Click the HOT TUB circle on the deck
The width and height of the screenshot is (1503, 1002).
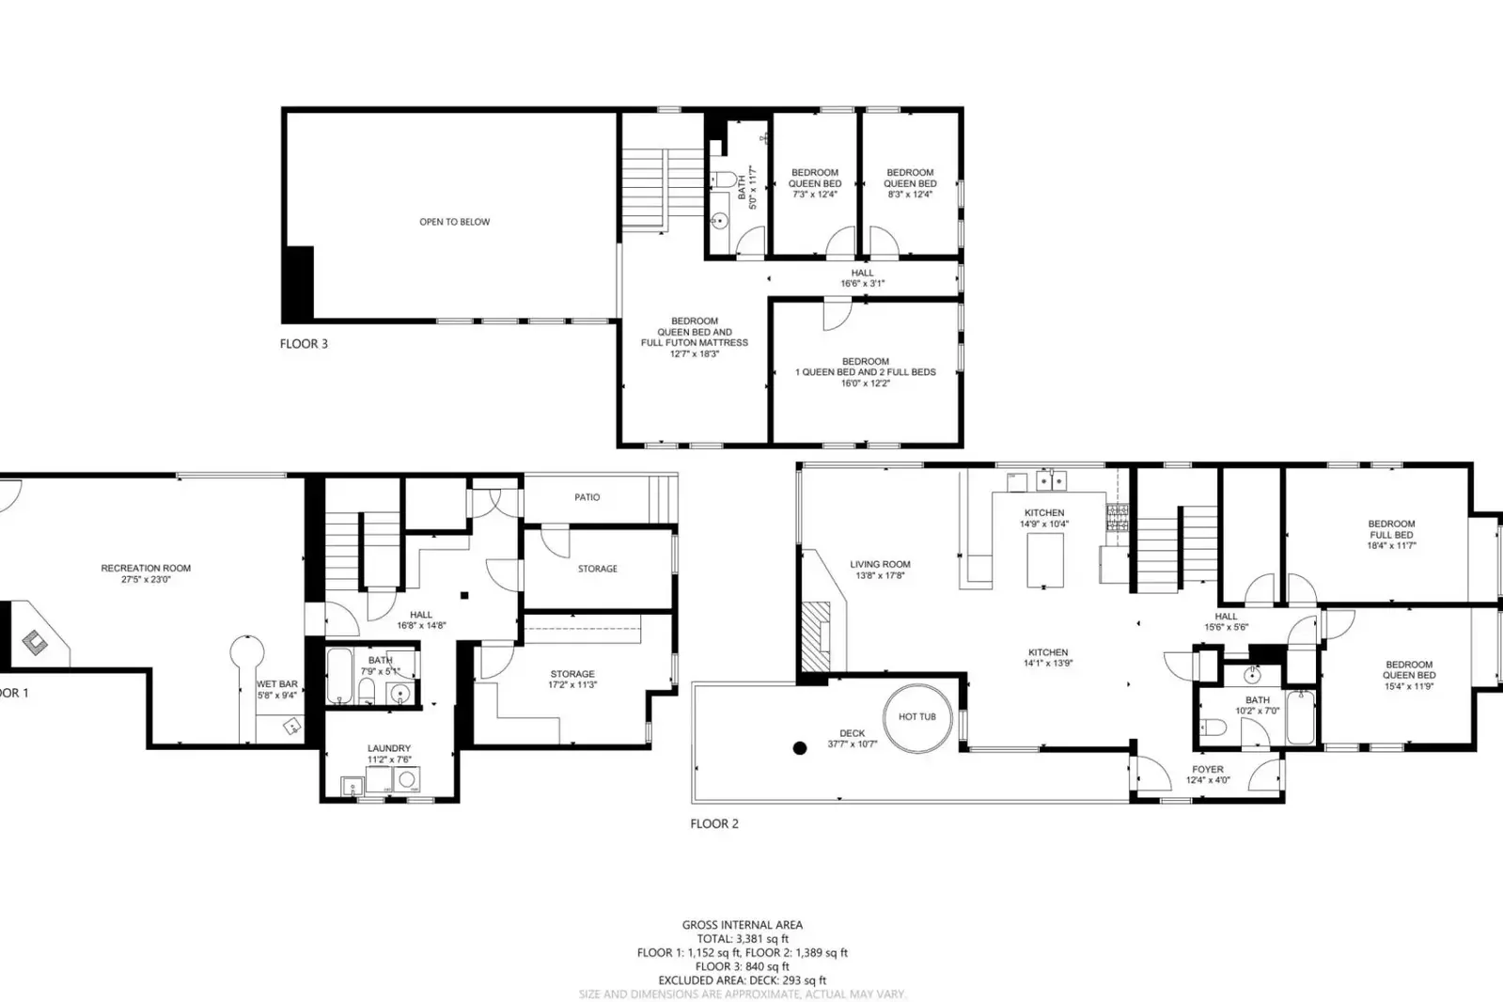pos(916,717)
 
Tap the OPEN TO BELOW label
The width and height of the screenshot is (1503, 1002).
pos(454,222)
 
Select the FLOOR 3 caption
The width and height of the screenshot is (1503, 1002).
pos(304,344)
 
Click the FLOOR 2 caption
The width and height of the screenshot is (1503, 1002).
pos(714,823)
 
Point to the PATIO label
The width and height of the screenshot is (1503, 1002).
pos(587,497)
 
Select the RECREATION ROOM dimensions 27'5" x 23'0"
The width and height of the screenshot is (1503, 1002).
pos(146,580)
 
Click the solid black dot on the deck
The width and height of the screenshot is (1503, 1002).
pos(800,748)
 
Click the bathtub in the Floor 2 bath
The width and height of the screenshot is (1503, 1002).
pos(1301,717)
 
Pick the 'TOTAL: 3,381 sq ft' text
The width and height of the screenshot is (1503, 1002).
pos(742,938)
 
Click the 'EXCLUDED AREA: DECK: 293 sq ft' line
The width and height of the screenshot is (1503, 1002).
pos(742,980)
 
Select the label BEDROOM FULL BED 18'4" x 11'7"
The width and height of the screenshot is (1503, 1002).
pos(1391,534)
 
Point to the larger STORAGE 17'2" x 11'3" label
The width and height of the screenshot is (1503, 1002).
pos(572,679)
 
